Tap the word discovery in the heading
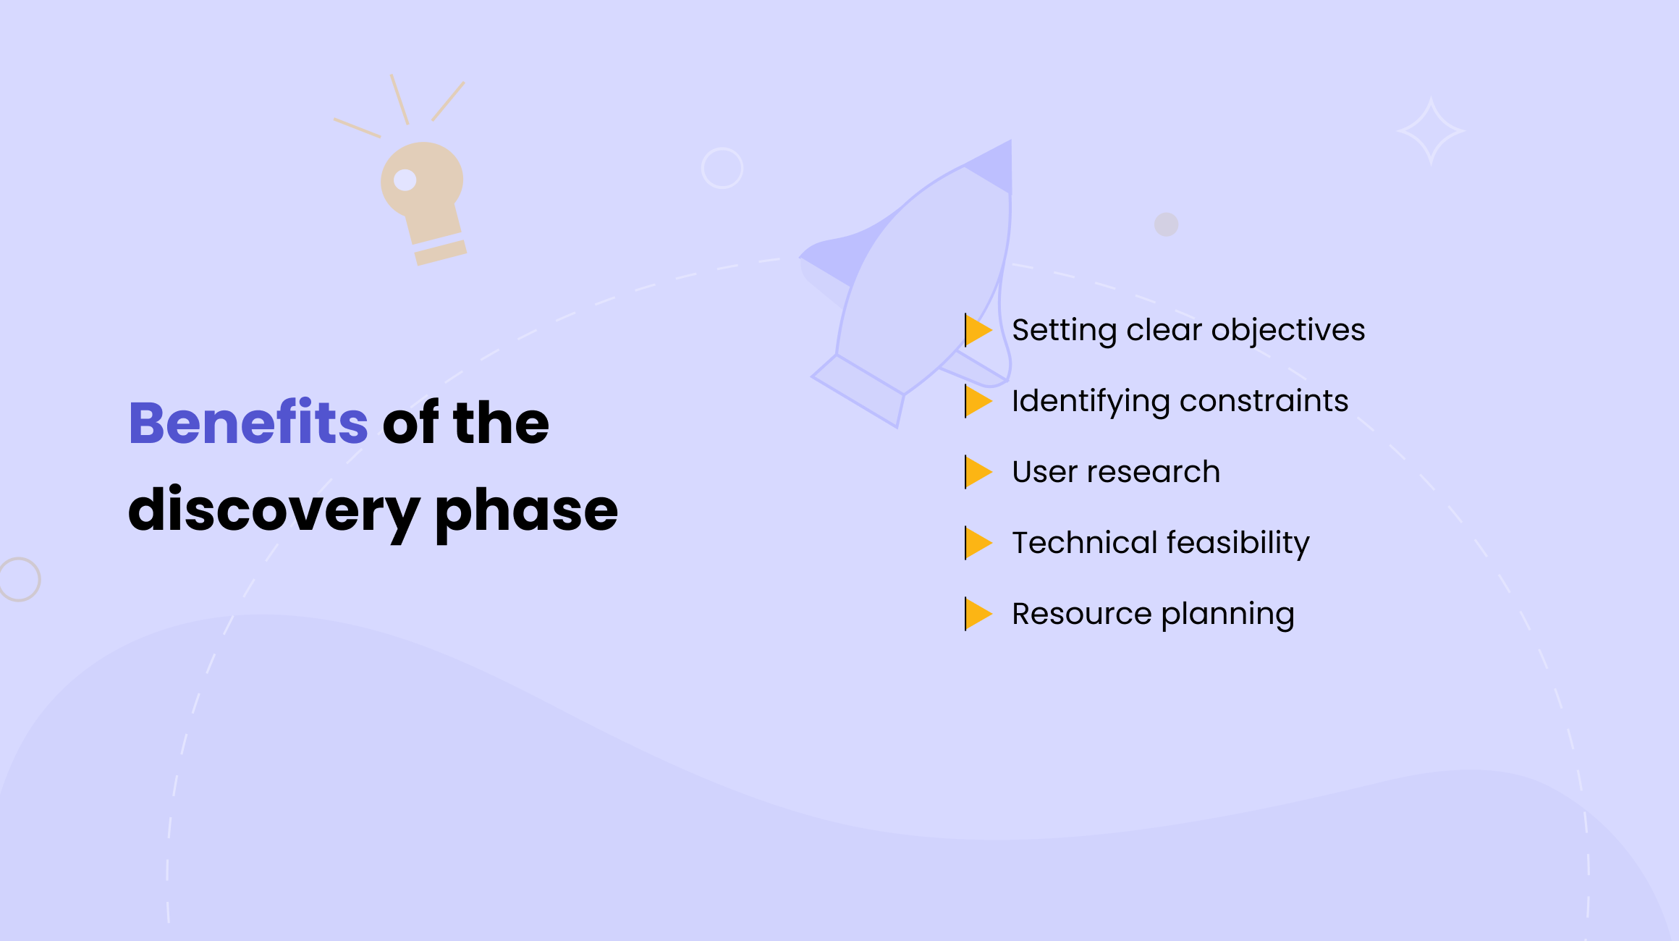click(x=274, y=510)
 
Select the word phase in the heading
click(x=526, y=510)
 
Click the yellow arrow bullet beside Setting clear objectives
click(x=977, y=330)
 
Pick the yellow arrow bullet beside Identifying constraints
click(x=977, y=401)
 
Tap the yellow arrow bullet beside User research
click(x=977, y=472)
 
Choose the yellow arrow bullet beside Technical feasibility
click(x=977, y=543)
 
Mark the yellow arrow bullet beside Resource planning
click(x=977, y=614)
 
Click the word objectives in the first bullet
click(x=1288, y=331)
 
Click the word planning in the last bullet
click(x=1227, y=615)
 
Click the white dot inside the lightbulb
click(x=405, y=180)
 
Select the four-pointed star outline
click(x=1431, y=132)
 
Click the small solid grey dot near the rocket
click(x=1166, y=224)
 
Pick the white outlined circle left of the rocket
click(x=722, y=168)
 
